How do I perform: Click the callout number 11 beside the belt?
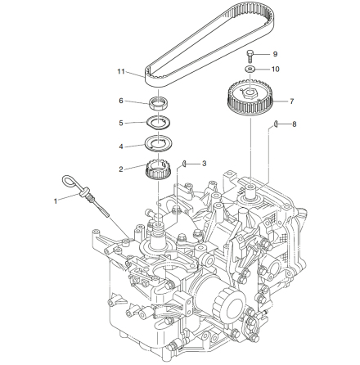(121, 72)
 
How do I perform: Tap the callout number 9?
(275, 54)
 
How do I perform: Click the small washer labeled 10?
(250, 69)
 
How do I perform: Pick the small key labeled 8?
(276, 124)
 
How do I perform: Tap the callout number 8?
(294, 124)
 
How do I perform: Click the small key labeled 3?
(184, 163)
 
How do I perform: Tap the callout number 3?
(204, 164)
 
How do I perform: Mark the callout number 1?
(56, 201)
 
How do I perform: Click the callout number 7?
(292, 101)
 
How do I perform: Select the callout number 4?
(121, 146)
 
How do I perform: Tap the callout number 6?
(121, 101)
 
